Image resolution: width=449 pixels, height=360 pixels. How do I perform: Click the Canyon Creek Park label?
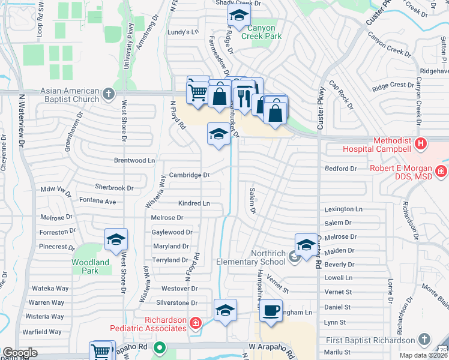[259, 32]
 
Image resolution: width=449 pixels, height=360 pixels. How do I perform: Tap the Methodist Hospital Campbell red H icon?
[421, 144]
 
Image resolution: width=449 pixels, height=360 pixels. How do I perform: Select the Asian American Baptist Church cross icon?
[108, 94]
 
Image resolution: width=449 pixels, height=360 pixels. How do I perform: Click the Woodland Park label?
[91, 266]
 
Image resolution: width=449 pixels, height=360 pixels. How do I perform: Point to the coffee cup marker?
[271, 311]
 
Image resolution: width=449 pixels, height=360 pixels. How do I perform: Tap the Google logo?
[20, 353]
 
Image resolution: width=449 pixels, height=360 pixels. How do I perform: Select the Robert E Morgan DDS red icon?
[441, 172]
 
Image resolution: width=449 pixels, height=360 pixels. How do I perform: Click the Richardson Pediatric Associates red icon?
[194, 324]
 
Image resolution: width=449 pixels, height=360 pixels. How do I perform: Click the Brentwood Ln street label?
[134, 161]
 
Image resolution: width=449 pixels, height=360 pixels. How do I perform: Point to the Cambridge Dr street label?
[188, 175]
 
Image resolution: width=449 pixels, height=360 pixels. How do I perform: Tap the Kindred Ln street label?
[194, 203]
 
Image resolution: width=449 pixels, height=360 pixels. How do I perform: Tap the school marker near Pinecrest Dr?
[116, 240]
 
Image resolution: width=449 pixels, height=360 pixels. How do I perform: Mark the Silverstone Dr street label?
[176, 303]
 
